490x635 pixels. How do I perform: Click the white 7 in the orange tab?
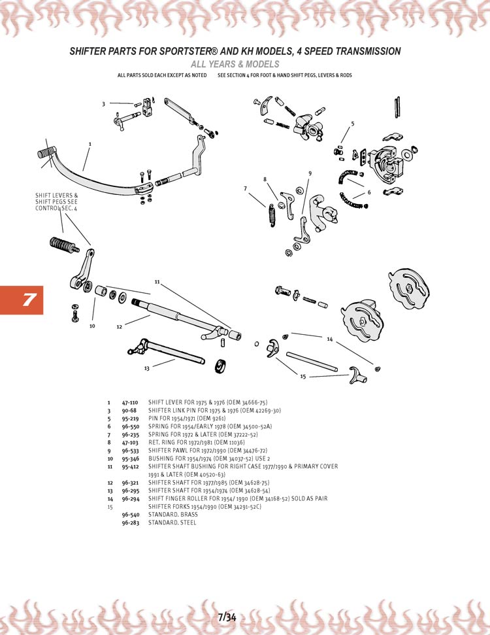point(29,300)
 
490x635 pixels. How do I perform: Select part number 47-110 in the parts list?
point(130,402)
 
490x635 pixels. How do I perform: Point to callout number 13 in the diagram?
point(147,368)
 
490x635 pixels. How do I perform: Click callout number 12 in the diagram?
point(119,326)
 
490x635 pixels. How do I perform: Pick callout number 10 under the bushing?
point(92,325)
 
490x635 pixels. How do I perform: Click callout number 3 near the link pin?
point(103,104)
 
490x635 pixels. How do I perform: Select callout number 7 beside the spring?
point(245,188)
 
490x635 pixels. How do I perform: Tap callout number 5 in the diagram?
point(352,124)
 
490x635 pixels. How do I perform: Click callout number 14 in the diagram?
point(330,339)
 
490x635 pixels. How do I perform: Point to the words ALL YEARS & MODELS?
point(235,64)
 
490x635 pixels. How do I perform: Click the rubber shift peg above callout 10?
point(63,247)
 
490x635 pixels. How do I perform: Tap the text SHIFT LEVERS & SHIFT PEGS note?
point(56,201)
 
